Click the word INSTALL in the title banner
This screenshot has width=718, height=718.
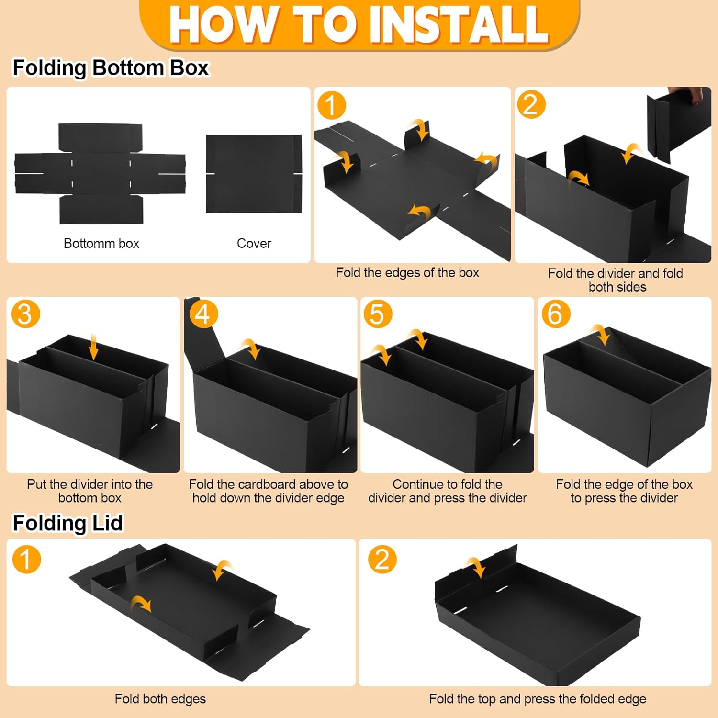point(459,24)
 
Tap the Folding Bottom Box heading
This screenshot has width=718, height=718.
point(111,67)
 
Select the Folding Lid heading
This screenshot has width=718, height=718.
point(67,523)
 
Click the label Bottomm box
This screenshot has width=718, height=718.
point(101,243)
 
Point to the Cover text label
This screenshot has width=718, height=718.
point(254,243)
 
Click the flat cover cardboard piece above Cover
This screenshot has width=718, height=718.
point(254,174)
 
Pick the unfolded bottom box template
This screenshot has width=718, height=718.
point(100,174)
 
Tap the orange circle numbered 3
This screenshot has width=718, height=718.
point(25,314)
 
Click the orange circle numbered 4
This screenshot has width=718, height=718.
point(203,314)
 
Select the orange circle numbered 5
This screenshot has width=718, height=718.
point(378,314)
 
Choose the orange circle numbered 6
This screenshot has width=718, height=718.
point(556,314)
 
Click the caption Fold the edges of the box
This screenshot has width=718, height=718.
point(407,273)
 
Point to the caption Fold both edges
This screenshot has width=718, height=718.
point(160,699)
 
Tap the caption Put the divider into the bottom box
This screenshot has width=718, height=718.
point(90,491)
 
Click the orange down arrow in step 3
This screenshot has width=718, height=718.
point(93,347)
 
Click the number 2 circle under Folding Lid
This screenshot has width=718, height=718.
point(382,559)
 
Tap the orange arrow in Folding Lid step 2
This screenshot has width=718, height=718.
point(477,567)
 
